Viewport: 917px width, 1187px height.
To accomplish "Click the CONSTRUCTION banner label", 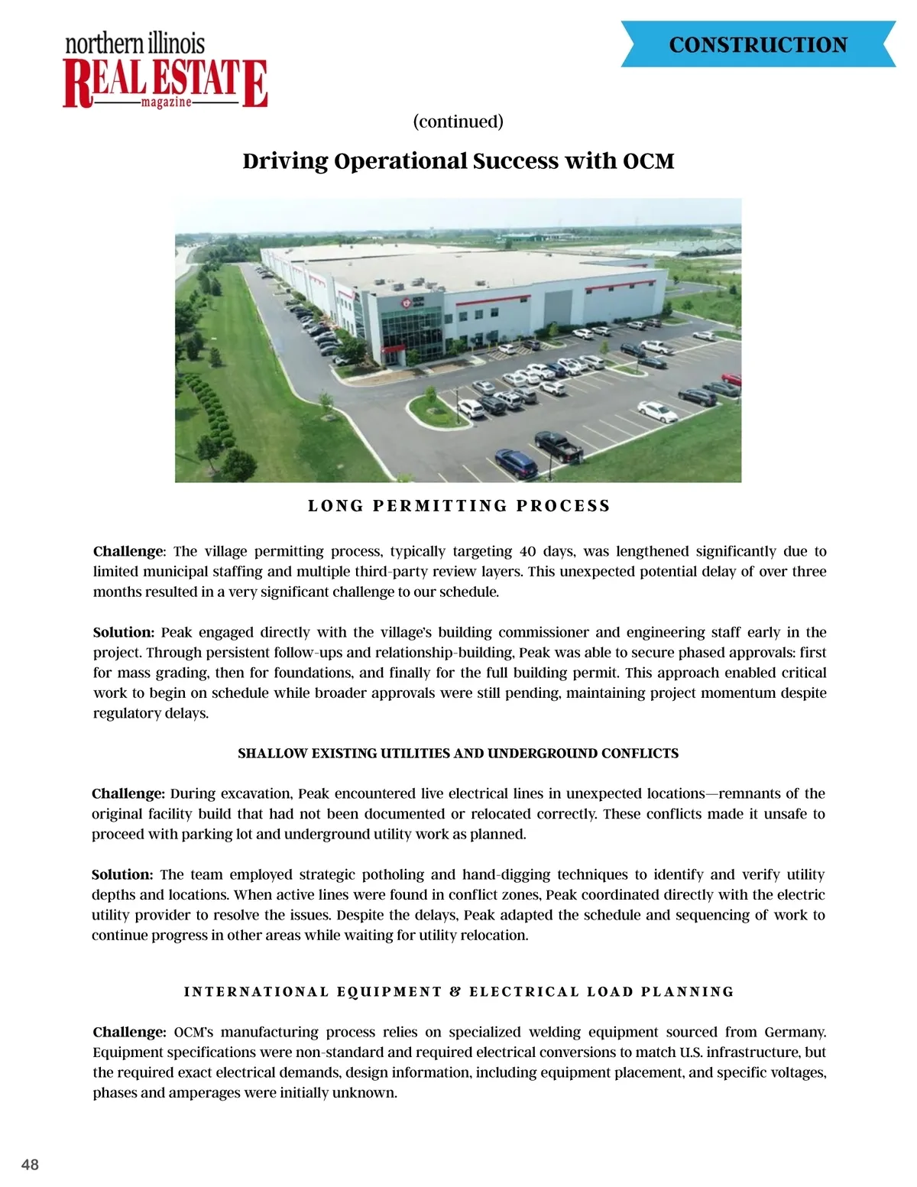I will (758, 45).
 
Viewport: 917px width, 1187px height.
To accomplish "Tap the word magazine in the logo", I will (167, 102).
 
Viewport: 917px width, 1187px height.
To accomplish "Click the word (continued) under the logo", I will (458, 122).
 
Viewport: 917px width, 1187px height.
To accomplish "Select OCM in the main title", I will (649, 161).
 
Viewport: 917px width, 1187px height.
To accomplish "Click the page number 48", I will (30, 1165).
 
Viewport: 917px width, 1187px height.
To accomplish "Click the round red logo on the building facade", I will (407, 303).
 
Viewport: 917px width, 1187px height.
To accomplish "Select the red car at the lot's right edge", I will (732, 379).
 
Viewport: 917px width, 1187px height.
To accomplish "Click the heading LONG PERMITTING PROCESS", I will (458, 506).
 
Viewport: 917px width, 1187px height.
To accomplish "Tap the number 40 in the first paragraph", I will (527, 551).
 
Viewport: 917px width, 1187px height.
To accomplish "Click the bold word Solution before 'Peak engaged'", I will (123, 632).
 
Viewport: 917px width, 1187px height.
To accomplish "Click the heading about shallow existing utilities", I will (458, 754).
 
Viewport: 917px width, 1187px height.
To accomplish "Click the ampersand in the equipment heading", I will (455, 992).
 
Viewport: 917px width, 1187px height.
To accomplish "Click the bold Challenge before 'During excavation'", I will (128, 793).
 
